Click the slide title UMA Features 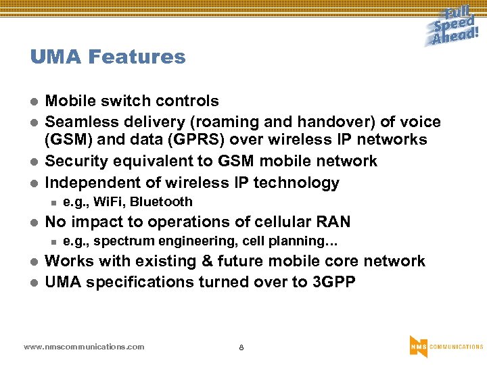point(108,57)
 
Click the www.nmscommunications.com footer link point(84,347)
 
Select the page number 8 point(241,347)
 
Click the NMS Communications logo point(446,346)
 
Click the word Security point(75,162)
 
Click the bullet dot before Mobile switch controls point(34,102)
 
